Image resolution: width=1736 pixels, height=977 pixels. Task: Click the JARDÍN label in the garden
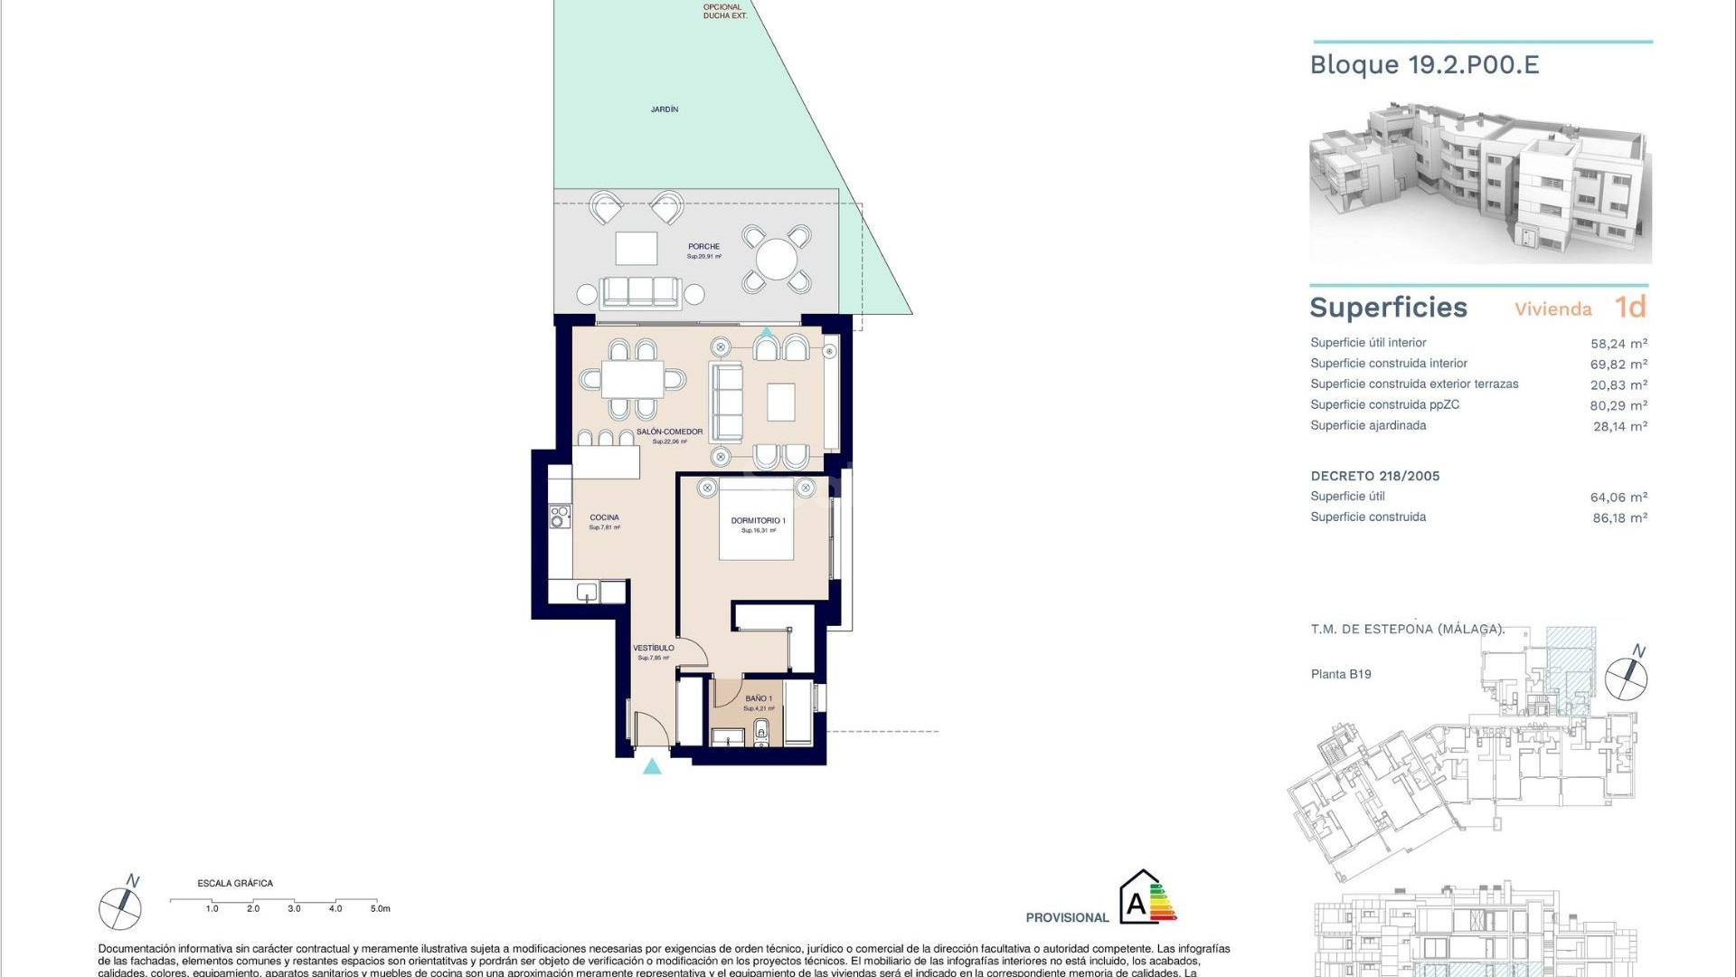[664, 109]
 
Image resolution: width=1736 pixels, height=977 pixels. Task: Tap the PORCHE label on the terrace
[703, 247]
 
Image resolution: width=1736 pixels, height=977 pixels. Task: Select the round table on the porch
[776, 260]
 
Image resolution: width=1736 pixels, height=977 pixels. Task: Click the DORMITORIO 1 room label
[758, 521]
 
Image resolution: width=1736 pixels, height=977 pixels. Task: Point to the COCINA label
[604, 517]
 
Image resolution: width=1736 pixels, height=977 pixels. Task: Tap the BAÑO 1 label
[759, 698]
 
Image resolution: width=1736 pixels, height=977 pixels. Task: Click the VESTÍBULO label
[653, 648]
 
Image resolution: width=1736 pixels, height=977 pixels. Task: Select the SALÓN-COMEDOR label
[669, 432]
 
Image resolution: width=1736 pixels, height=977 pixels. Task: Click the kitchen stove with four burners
[560, 517]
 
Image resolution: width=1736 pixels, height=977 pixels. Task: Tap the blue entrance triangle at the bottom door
[652, 767]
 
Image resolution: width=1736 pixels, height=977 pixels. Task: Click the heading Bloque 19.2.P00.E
[1424, 65]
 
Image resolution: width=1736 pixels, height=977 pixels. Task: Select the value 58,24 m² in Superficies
[1618, 344]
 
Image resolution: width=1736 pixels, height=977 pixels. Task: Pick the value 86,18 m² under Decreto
[1619, 518]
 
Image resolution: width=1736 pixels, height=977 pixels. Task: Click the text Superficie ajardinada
[1368, 425]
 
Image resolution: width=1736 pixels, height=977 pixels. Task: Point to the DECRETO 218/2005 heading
[1374, 476]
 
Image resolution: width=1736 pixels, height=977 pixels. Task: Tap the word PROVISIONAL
[1067, 917]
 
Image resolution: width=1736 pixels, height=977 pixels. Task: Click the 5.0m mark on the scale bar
[380, 908]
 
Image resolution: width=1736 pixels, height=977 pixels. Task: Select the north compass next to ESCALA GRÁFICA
[120, 906]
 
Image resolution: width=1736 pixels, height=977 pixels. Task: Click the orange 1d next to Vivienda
[1630, 308]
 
